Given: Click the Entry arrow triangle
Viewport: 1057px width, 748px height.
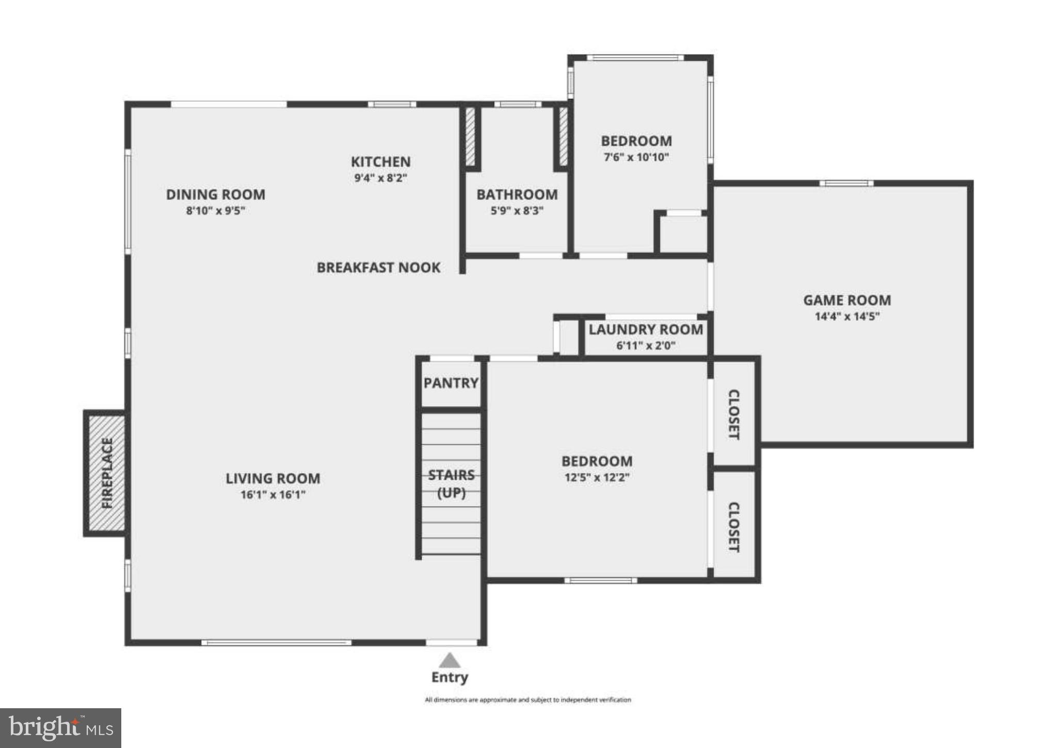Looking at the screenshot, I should [450, 661].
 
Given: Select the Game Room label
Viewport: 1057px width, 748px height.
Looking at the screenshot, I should [847, 300].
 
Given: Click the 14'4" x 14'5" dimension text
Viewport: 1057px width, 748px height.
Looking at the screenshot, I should [847, 316].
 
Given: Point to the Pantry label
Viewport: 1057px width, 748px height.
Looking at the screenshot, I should [451, 383].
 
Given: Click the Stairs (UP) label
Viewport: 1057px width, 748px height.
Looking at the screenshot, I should [451, 484].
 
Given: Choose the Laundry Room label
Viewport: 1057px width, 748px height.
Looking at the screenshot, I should [646, 330].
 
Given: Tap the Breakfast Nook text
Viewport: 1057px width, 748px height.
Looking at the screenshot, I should [378, 268].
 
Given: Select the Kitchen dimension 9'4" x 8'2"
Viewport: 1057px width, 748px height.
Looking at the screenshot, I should [381, 178].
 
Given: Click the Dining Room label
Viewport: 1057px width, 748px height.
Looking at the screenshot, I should [216, 195].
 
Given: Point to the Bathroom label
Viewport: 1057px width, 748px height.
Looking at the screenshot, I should [517, 195].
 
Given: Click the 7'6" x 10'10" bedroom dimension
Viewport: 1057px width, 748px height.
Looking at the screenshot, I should [636, 157].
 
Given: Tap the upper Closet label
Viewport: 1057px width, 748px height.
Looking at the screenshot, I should [734, 415].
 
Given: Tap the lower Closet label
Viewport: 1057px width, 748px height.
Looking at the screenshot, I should [734, 527].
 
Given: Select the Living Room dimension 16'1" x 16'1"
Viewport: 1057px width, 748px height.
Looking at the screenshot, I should [273, 495].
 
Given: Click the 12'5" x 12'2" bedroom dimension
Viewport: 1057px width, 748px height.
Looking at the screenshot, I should [597, 477].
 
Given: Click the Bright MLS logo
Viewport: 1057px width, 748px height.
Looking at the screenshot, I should [60, 728].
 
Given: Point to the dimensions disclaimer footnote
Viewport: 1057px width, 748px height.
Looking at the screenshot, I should [527, 700].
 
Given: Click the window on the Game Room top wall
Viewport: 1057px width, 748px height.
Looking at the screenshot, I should [846, 183].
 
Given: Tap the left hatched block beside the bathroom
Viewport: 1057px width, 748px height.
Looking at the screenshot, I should [470, 136].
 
